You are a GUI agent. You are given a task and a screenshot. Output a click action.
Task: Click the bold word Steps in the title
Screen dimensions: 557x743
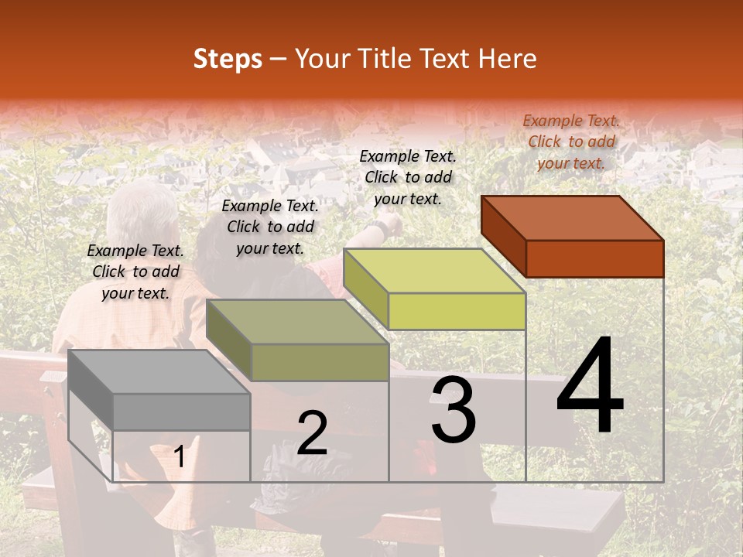click(x=228, y=59)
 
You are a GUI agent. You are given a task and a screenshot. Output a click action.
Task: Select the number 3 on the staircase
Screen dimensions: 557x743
click(x=453, y=411)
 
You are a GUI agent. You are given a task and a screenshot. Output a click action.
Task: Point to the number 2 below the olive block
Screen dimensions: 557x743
click(x=312, y=433)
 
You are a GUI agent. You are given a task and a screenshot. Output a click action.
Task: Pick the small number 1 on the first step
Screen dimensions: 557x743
click(x=180, y=457)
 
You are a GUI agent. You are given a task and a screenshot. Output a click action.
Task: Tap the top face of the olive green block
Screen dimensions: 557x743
click(x=297, y=322)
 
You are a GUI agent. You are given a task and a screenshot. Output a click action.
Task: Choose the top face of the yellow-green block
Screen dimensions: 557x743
click(x=434, y=271)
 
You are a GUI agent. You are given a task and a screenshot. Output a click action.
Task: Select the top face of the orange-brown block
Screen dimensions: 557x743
click(x=573, y=218)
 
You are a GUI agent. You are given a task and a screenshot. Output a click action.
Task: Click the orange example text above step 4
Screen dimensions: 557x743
click(x=571, y=142)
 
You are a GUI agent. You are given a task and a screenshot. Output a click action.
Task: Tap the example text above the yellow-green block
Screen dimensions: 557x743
click(x=408, y=177)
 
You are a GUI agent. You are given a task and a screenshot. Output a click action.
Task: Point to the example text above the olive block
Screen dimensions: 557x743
click(x=270, y=227)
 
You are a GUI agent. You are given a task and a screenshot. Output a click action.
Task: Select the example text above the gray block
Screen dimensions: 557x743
click(x=135, y=272)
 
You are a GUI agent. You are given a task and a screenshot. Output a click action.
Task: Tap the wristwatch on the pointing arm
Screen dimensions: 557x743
click(x=379, y=229)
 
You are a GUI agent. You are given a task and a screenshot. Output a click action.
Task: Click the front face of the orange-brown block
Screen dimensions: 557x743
click(x=594, y=258)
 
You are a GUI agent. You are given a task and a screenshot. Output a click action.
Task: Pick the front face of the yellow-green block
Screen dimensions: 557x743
click(x=457, y=311)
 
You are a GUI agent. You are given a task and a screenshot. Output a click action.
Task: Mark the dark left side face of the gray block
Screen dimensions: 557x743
click(x=91, y=391)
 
